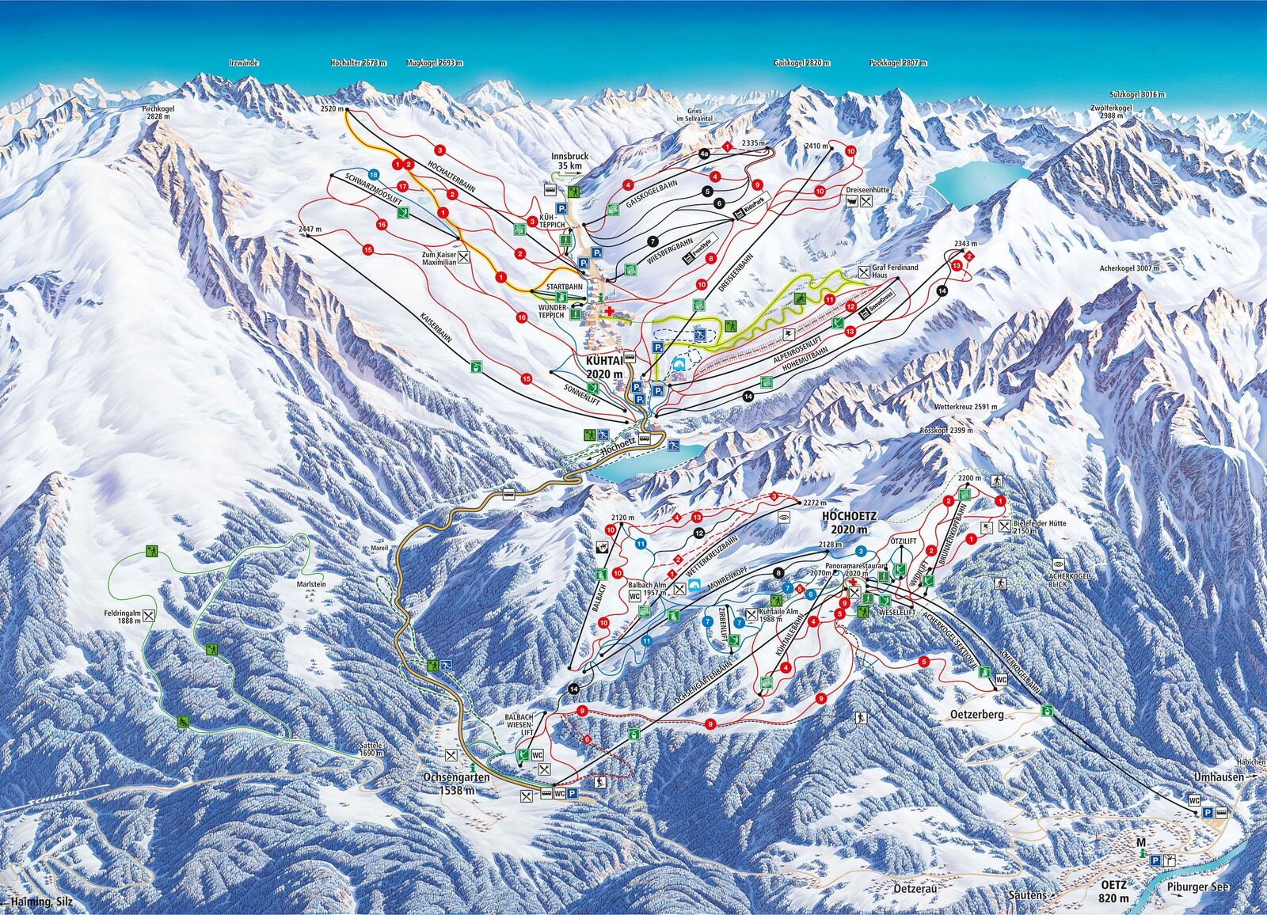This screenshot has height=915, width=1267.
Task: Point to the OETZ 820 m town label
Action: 1124,892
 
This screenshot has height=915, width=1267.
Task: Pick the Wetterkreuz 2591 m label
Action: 965,407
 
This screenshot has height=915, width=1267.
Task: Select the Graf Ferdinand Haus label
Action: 895,271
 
